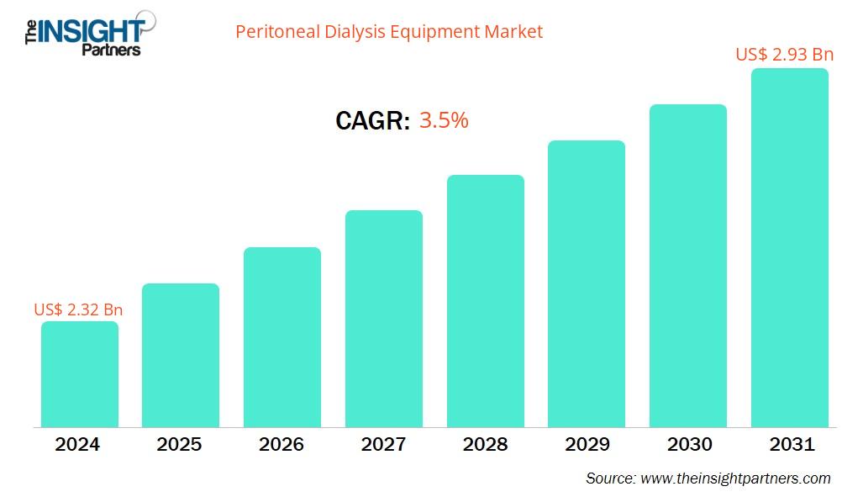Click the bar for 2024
point(79,374)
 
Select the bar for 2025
point(181,355)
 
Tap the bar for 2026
point(282,337)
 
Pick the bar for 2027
point(384,319)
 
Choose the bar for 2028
point(485,301)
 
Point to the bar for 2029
point(587,283)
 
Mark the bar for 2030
point(688,266)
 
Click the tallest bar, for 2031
point(789,248)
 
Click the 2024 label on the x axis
point(78,445)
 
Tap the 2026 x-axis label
point(282,445)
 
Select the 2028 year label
point(485,445)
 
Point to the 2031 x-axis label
point(790,445)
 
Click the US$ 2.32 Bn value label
point(78,309)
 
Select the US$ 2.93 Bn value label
point(784,55)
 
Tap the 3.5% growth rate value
point(444,120)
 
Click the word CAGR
point(372,121)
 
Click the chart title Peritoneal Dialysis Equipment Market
point(389,32)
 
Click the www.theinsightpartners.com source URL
point(735,478)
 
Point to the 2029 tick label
point(587,445)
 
